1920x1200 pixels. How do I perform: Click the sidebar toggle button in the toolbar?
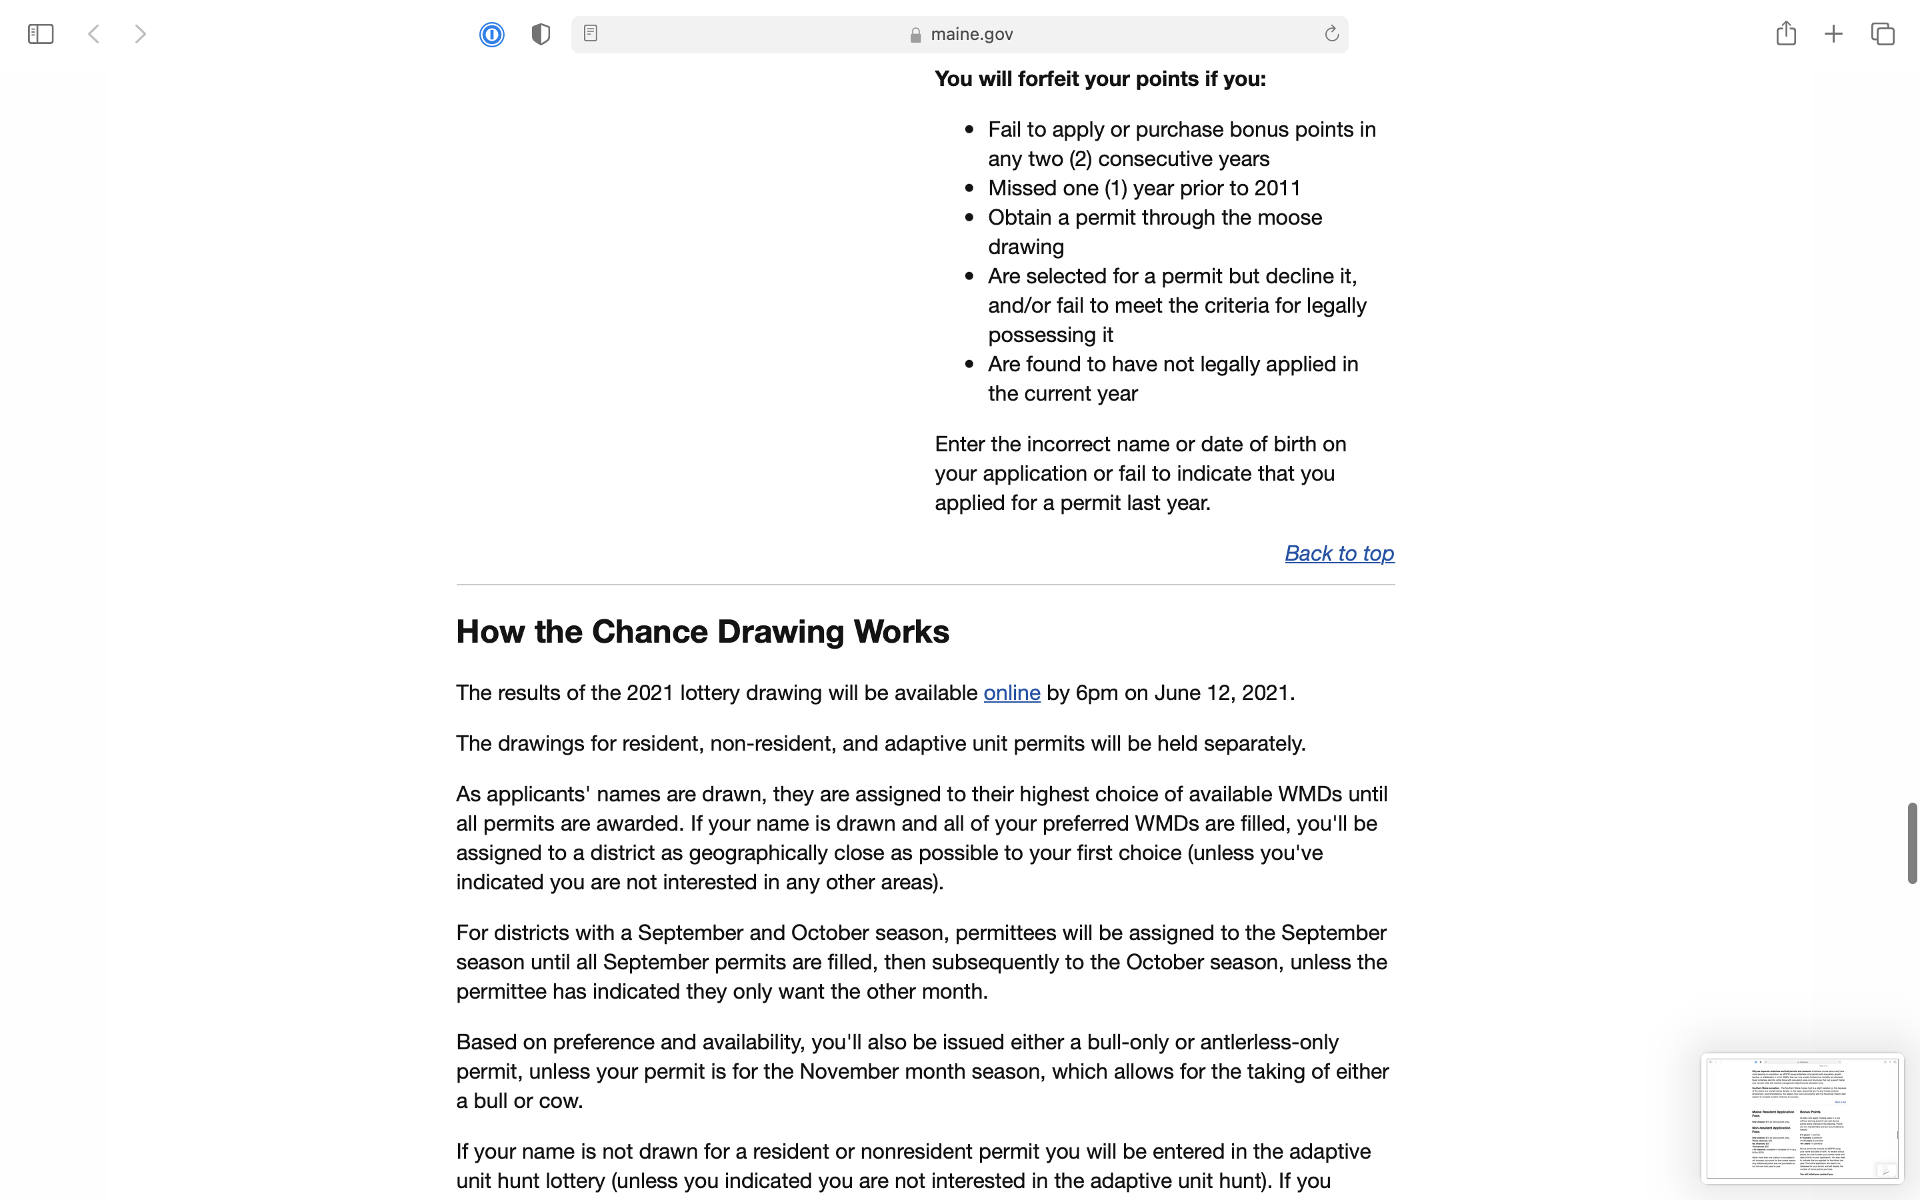(x=41, y=34)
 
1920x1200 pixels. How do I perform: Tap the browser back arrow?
(x=93, y=34)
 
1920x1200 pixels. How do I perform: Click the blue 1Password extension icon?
(x=492, y=34)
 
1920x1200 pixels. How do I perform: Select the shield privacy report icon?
(x=540, y=34)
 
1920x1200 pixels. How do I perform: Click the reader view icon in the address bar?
(x=590, y=33)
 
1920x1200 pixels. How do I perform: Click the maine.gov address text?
(x=971, y=34)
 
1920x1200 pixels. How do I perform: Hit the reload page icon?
(x=1331, y=33)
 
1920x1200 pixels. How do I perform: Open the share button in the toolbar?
(x=1786, y=33)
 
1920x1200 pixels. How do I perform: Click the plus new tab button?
(x=1833, y=34)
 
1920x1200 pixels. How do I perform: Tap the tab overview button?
(x=1883, y=34)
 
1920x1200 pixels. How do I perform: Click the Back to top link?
(x=1339, y=553)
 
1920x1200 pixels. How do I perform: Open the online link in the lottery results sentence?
(x=1011, y=693)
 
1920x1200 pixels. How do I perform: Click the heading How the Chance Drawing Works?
(x=702, y=632)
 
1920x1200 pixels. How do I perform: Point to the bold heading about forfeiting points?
(x=1099, y=79)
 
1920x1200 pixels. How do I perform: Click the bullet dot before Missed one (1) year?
(x=969, y=188)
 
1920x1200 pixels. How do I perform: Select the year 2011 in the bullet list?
(x=1277, y=188)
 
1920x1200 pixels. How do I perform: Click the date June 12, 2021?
(x=1223, y=693)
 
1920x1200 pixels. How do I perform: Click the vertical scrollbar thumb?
(x=1912, y=843)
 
